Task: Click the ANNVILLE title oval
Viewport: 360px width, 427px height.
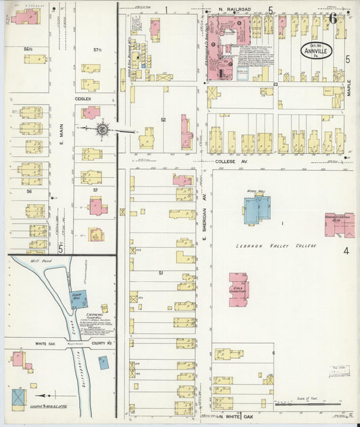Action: pyautogui.click(x=315, y=52)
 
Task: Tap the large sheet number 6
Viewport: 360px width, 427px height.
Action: pyautogui.click(x=333, y=18)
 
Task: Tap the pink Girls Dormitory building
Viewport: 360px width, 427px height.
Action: pyautogui.click(x=238, y=289)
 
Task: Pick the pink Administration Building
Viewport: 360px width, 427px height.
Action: pyautogui.click(x=339, y=225)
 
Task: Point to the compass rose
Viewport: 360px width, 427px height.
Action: pyautogui.click(x=103, y=128)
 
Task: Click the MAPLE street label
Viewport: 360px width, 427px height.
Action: pyautogui.click(x=350, y=89)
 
